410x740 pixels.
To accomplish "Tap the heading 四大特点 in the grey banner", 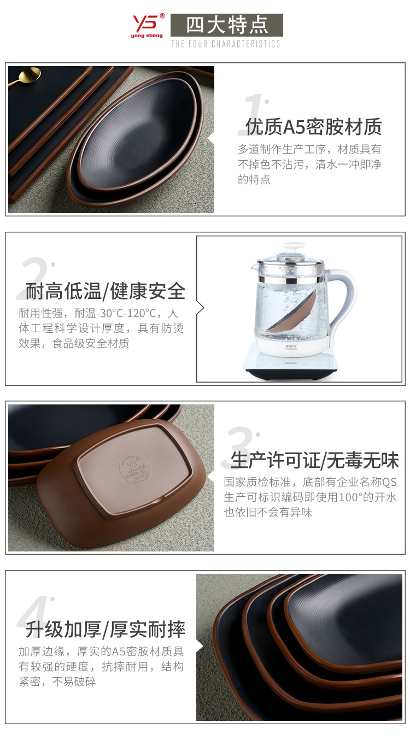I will [227, 25].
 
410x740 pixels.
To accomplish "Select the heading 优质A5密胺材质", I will [313, 127].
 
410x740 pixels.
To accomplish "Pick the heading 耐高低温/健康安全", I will [106, 291].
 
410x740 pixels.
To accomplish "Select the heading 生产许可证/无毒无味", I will [315, 460].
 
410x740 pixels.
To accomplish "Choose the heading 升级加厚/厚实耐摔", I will [106, 630].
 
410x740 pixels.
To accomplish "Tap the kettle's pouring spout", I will [254, 268].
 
